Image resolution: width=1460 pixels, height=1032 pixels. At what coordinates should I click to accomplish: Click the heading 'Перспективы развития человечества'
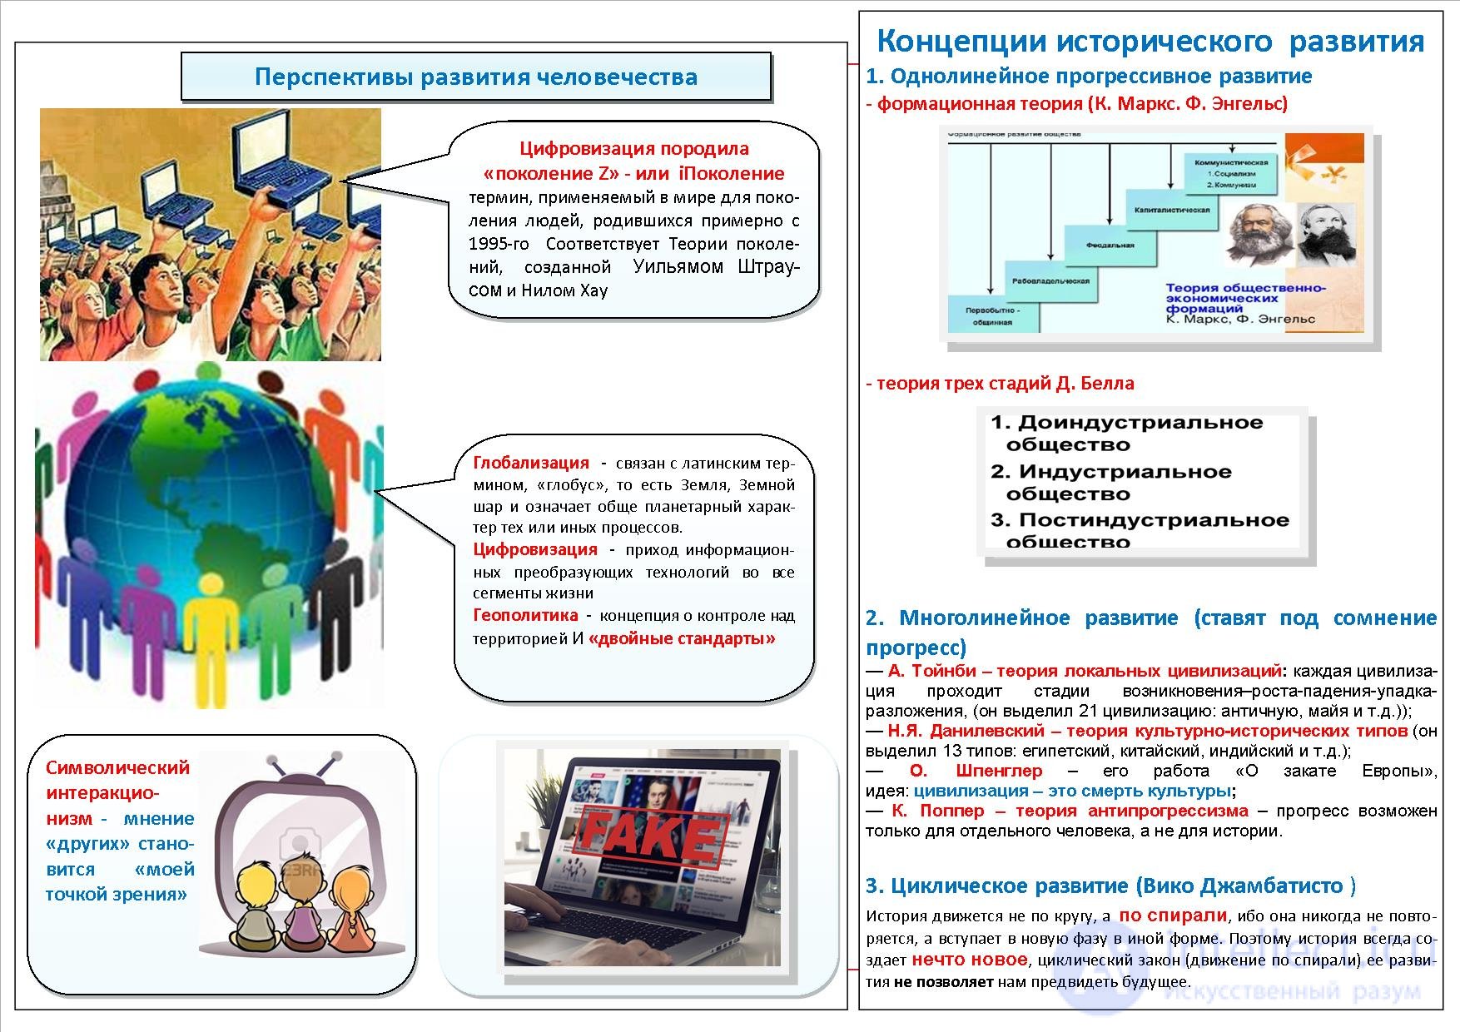(475, 77)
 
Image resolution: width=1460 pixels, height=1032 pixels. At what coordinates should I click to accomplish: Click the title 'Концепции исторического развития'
(1150, 41)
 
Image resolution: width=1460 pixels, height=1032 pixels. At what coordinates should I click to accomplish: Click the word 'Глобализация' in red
(530, 463)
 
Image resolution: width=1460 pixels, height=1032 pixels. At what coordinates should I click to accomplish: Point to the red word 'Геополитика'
(525, 615)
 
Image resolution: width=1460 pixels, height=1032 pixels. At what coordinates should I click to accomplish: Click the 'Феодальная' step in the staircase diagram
(1110, 246)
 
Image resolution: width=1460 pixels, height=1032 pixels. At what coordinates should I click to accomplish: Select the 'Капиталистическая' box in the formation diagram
(1171, 211)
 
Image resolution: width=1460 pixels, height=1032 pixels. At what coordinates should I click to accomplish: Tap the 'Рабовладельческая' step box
(1050, 281)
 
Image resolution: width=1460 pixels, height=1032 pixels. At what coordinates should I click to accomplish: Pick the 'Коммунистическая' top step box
(1230, 173)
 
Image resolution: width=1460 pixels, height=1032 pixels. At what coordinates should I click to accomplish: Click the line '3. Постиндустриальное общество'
(1139, 531)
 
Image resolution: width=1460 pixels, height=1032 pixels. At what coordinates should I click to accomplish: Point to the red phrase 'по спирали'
(1172, 915)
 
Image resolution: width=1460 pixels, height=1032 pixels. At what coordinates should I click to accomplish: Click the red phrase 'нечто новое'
(969, 960)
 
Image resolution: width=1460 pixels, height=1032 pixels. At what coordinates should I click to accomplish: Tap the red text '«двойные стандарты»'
(682, 639)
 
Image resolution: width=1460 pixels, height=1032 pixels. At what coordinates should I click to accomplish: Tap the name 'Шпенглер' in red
(998, 771)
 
